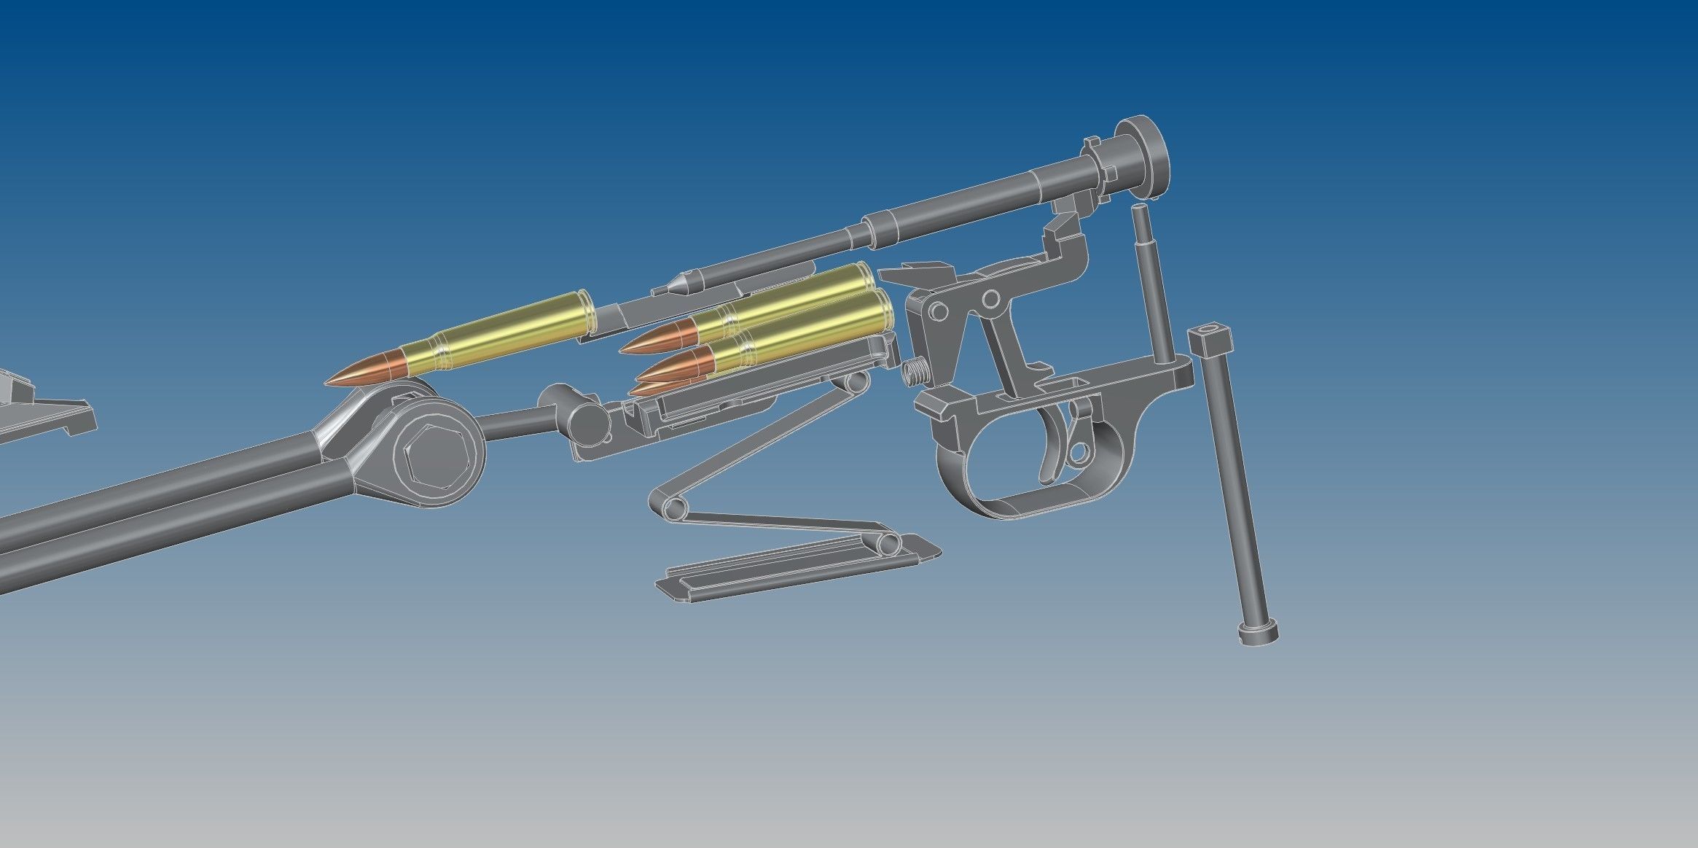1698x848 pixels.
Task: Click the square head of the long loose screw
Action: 1208,338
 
